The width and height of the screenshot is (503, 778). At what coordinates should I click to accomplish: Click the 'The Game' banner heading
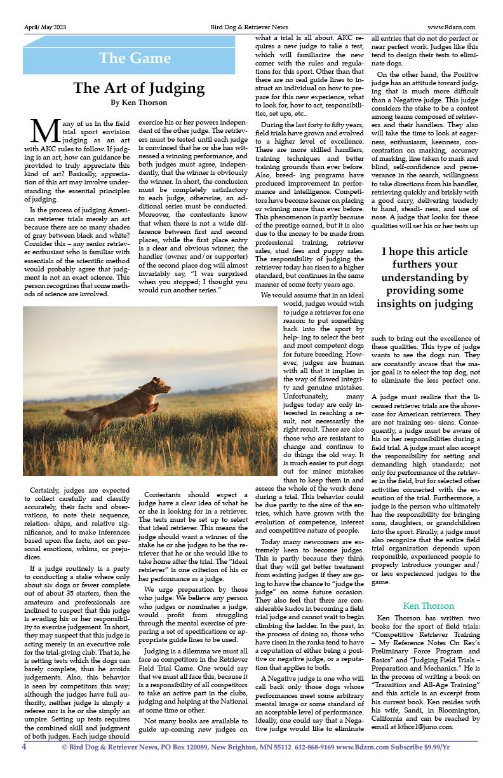click(135, 58)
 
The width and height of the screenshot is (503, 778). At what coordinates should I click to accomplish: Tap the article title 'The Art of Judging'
click(138, 88)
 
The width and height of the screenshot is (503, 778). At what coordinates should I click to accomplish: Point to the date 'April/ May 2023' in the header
click(44, 27)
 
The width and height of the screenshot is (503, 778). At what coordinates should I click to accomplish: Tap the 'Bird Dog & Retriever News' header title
click(249, 27)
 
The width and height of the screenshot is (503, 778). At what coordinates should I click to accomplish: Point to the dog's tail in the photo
click(76, 415)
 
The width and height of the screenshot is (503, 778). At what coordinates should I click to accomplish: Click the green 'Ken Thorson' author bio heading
click(428, 606)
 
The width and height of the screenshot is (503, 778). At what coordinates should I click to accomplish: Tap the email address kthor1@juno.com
click(427, 727)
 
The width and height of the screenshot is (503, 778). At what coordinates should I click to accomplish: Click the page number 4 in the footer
click(25, 747)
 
